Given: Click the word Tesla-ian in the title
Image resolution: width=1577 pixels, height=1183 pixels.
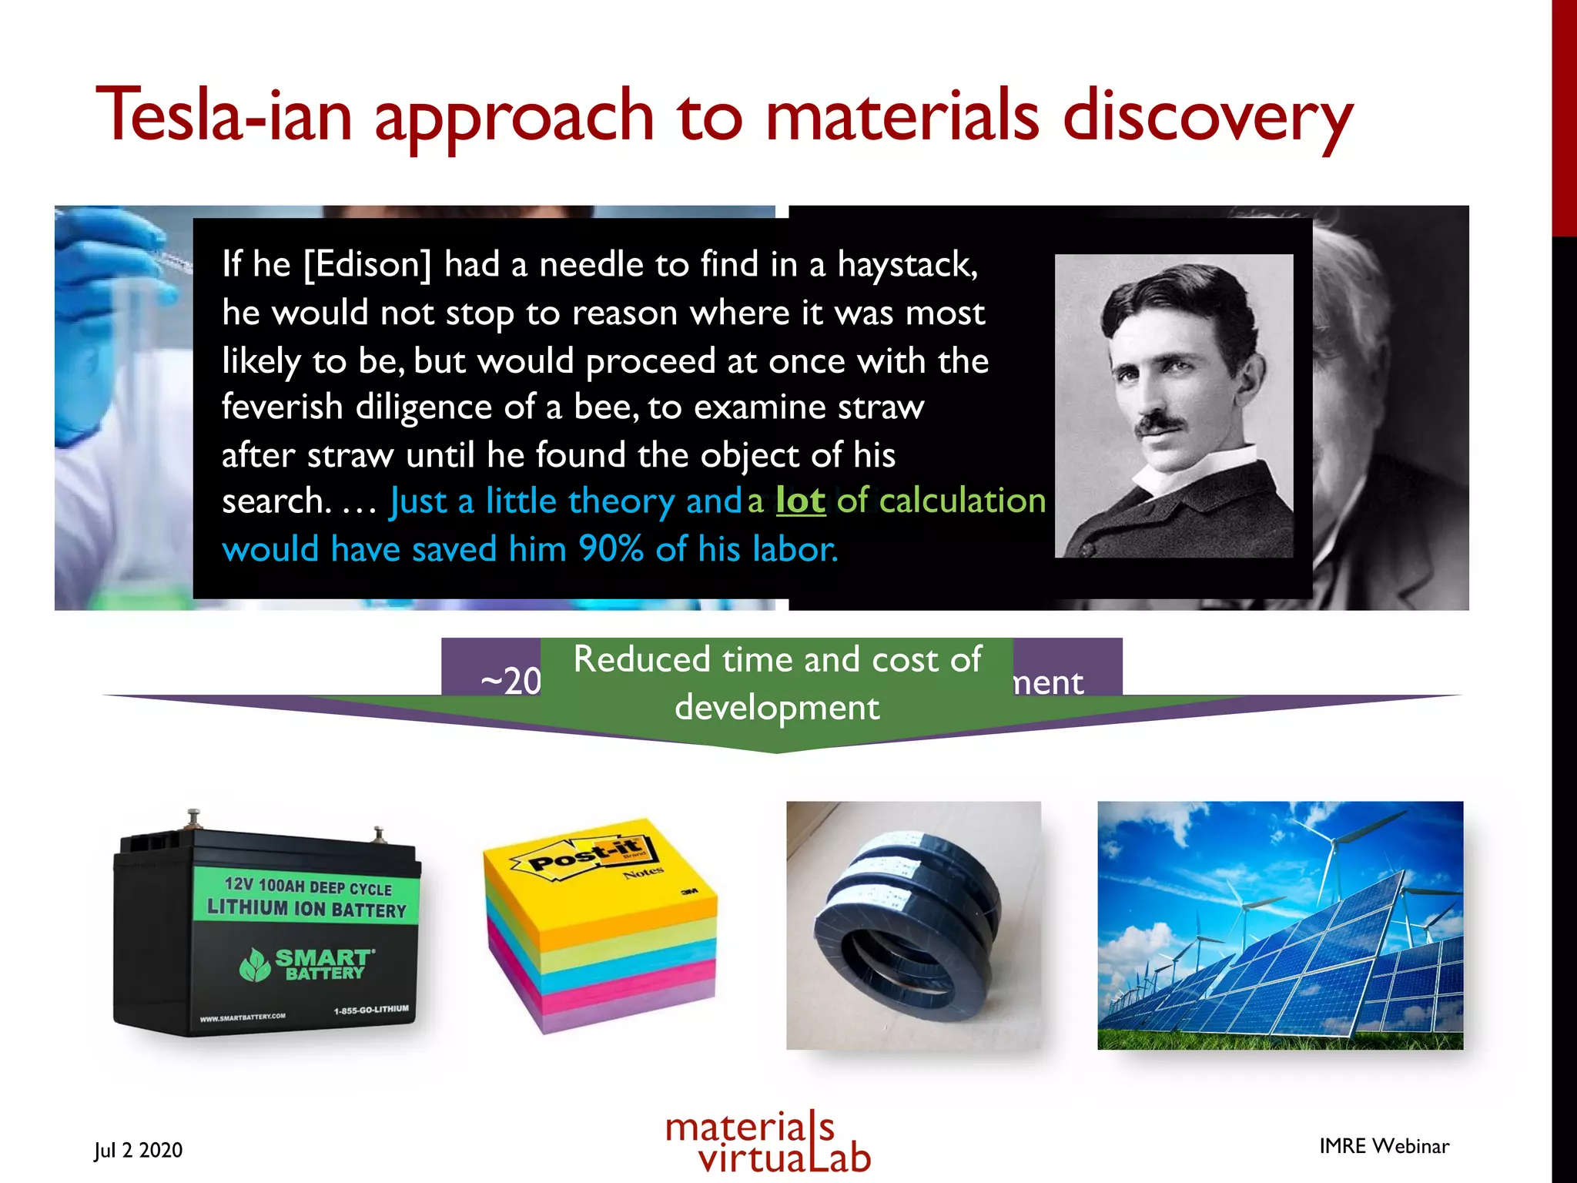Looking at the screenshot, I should pos(223,116).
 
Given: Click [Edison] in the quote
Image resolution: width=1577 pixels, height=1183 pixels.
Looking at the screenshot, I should pos(367,265).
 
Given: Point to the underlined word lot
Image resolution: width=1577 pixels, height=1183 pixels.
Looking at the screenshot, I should pos(800,501).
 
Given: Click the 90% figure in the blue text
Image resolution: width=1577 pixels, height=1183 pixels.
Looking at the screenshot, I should pos(611,549).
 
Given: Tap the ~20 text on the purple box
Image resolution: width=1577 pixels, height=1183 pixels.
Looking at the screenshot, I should pos(511,682).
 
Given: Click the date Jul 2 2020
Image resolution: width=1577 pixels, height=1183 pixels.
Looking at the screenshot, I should pos(139,1150).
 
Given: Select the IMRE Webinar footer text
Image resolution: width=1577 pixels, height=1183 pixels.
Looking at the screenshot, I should pos(1384,1146).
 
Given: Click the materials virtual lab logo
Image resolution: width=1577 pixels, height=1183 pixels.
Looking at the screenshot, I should pos(768,1143).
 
